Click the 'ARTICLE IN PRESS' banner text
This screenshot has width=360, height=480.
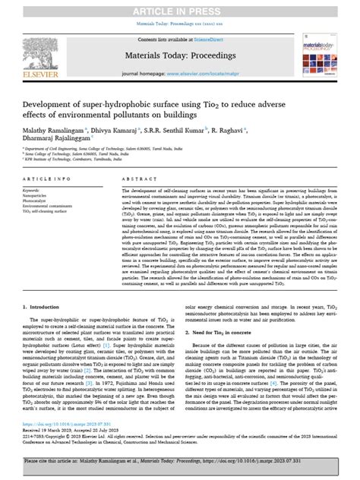pyautogui.click(x=180, y=8)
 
